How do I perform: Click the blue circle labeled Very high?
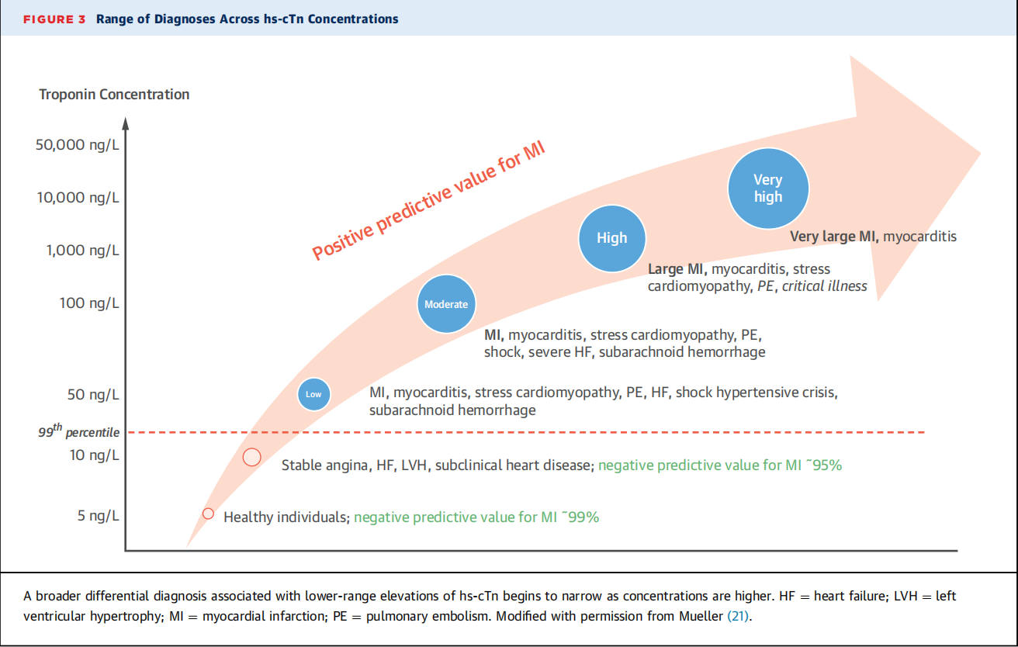point(768,188)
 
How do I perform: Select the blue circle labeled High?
point(611,238)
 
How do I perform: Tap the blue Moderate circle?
point(446,303)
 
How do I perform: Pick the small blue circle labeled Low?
point(313,394)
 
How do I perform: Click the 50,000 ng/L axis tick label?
point(78,145)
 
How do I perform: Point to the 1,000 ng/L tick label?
point(83,251)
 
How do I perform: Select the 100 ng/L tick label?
point(89,303)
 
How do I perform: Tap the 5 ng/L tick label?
point(99,516)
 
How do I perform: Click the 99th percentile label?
point(79,431)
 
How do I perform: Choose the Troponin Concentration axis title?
point(114,95)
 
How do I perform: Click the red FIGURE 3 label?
point(54,19)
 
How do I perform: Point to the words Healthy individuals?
point(286,517)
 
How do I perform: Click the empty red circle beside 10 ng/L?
point(251,457)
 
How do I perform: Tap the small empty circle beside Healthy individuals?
point(208,514)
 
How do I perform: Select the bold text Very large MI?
point(834,237)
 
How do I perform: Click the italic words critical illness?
point(824,286)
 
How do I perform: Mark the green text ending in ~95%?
point(720,465)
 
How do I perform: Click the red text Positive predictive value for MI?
point(428,200)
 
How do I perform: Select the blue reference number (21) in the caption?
point(738,616)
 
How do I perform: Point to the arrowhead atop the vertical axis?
point(126,123)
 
